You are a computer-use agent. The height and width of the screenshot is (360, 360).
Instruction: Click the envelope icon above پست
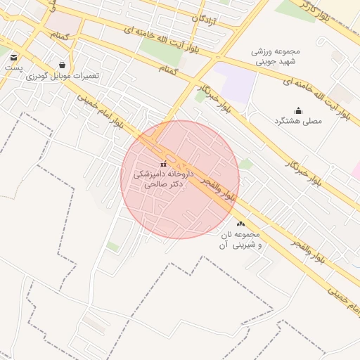tap(13, 57)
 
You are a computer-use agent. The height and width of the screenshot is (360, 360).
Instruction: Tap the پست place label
tap(13, 68)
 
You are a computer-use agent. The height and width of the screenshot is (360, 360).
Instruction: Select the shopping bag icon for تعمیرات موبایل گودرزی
tap(63, 65)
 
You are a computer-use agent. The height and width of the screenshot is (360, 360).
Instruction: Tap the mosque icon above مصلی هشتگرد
tap(297, 110)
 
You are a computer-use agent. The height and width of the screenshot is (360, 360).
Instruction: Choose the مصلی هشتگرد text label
tap(297, 121)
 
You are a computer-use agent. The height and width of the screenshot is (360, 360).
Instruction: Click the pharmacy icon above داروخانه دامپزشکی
tap(164, 164)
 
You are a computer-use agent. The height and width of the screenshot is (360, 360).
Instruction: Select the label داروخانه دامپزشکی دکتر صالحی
tap(162, 178)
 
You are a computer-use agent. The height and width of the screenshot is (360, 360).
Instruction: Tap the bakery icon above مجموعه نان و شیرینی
tap(240, 224)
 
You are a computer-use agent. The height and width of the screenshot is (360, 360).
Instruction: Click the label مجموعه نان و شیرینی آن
tap(240, 239)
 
